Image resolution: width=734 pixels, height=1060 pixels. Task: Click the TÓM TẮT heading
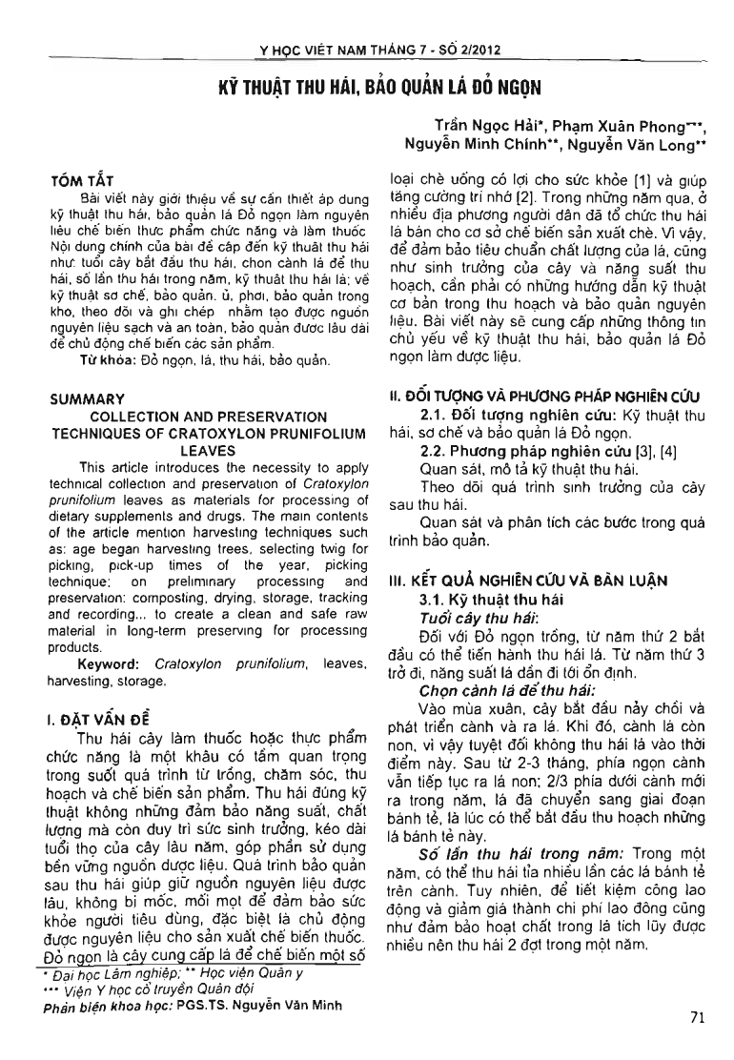point(81,179)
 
